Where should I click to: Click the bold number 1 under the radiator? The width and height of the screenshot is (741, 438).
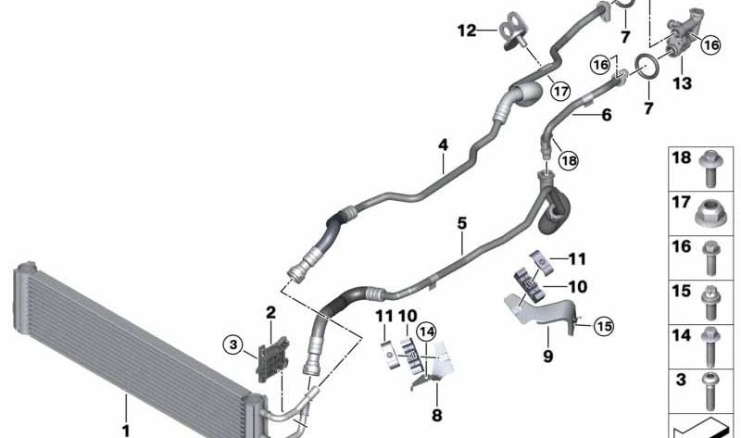(x=126, y=431)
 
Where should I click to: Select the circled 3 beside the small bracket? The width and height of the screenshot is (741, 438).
(x=233, y=344)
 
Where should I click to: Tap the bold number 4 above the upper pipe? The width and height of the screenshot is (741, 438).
(x=443, y=145)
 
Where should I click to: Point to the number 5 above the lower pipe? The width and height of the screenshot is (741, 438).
(x=461, y=223)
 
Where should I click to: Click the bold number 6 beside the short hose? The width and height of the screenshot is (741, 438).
(x=607, y=115)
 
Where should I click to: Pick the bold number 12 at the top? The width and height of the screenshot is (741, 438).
(x=467, y=31)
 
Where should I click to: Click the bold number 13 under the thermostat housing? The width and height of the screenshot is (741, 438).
(x=682, y=83)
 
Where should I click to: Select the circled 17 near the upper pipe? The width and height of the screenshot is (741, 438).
(x=560, y=91)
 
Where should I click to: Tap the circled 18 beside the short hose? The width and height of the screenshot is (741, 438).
(x=568, y=160)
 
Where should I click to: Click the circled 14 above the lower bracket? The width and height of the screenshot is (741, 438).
(x=426, y=332)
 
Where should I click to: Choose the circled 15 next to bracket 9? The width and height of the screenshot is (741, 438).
(x=604, y=326)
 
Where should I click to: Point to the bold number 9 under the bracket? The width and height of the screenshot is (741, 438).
(x=547, y=356)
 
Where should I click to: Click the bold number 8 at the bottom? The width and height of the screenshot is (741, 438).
(x=436, y=416)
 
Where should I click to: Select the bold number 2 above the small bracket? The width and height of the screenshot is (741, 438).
(x=270, y=312)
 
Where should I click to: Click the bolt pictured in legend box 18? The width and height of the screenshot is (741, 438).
(x=710, y=168)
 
